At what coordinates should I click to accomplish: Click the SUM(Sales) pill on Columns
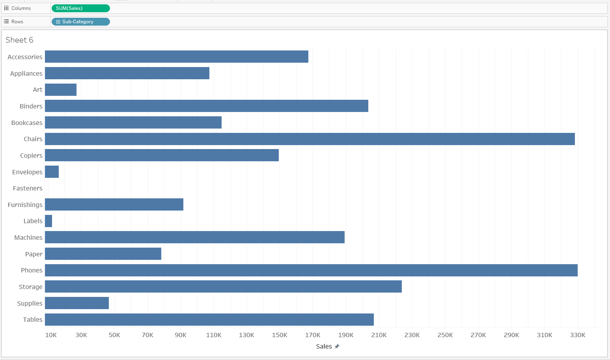(80, 8)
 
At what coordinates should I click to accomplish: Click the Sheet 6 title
(20, 40)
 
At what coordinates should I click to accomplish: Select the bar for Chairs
(310, 139)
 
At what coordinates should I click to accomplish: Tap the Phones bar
(311, 270)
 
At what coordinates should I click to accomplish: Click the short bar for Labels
(49, 221)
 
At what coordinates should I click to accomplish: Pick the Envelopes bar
(52, 172)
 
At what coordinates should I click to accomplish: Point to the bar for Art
(61, 90)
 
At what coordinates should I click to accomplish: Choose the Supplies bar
(77, 303)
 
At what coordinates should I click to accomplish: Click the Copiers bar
(162, 155)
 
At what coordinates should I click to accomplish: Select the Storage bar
(223, 287)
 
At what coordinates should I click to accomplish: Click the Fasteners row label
(28, 188)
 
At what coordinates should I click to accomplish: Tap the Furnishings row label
(25, 205)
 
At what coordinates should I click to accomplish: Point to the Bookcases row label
(27, 123)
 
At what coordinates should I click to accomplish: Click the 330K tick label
(577, 335)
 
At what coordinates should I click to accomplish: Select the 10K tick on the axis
(51, 335)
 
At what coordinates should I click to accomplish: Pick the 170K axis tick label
(312, 335)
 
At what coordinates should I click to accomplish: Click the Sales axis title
(324, 346)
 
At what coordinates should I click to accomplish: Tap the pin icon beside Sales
(337, 346)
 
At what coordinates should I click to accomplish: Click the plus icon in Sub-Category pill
(58, 22)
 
